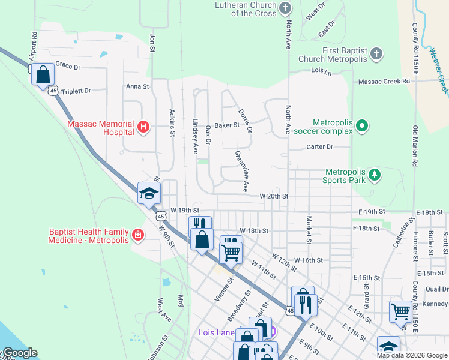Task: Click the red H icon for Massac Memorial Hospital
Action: pyautogui.click(x=143, y=126)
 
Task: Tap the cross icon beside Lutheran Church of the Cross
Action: pyautogui.click(x=285, y=8)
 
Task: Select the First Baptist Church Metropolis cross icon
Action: pyautogui.click(x=376, y=54)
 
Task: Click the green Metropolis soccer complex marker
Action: pyautogui.click(x=361, y=126)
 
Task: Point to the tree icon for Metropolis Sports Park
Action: pyautogui.click(x=375, y=174)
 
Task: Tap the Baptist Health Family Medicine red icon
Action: pyautogui.click(x=138, y=235)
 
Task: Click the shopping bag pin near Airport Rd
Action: pyautogui.click(x=43, y=75)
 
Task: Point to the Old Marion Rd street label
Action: pyautogui.click(x=415, y=146)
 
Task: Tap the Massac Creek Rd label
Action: pyautogui.click(x=384, y=81)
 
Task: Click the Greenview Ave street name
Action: pyautogui.click(x=241, y=171)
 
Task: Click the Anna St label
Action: pyautogui.click(x=137, y=86)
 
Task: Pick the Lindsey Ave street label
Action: pyautogui.click(x=195, y=136)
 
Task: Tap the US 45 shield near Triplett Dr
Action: pyautogui.click(x=53, y=91)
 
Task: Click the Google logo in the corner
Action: pyautogui.click(x=19, y=353)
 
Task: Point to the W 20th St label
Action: pyautogui.click(x=274, y=196)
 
